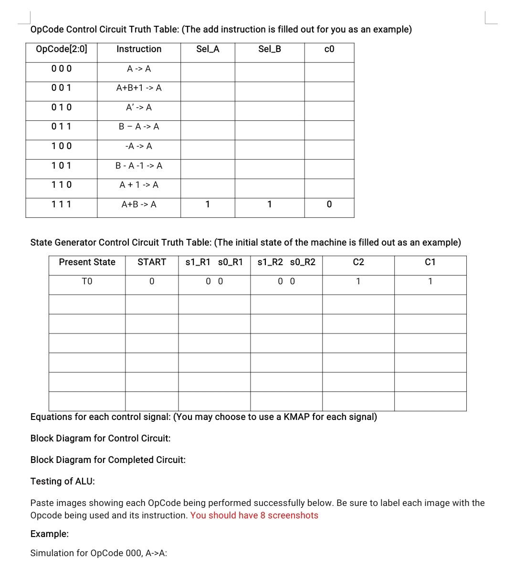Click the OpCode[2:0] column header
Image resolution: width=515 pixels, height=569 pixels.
pyautogui.click(x=62, y=49)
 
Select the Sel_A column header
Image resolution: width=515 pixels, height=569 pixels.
pyautogui.click(x=208, y=49)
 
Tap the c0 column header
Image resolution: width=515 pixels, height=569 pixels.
pyautogui.click(x=329, y=49)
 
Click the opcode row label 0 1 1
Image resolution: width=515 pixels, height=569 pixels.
pyautogui.click(x=62, y=127)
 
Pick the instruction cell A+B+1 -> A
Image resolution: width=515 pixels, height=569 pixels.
pyautogui.click(x=139, y=88)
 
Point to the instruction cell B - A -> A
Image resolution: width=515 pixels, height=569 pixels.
pyautogui.click(x=139, y=127)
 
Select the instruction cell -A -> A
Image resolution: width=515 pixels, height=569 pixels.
pyautogui.click(x=139, y=146)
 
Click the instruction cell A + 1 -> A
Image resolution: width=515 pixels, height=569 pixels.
pyautogui.click(x=139, y=185)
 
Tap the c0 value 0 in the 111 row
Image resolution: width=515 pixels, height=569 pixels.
pyautogui.click(x=329, y=204)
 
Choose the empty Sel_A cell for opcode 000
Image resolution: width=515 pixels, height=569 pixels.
pyautogui.click(x=208, y=69)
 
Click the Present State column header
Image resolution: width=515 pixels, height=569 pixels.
pyautogui.click(x=87, y=262)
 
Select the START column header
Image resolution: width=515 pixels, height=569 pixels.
pyautogui.click(x=152, y=262)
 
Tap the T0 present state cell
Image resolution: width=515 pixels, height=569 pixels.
pyautogui.click(x=87, y=281)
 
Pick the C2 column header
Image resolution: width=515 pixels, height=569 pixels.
pyautogui.click(x=358, y=262)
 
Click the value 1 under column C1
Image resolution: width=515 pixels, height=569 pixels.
pyautogui.click(x=430, y=281)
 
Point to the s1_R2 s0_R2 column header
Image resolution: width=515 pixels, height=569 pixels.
pyautogui.click(x=286, y=262)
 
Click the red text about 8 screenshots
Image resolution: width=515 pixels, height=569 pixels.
pyautogui.click(x=254, y=515)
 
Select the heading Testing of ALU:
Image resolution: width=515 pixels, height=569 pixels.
pyautogui.click(x=63, y=481)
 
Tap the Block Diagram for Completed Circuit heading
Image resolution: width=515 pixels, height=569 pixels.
pyautogui.click(x=108, y=460)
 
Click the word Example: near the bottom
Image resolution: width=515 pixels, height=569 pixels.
pyautogui.click(x=50, y=534)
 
